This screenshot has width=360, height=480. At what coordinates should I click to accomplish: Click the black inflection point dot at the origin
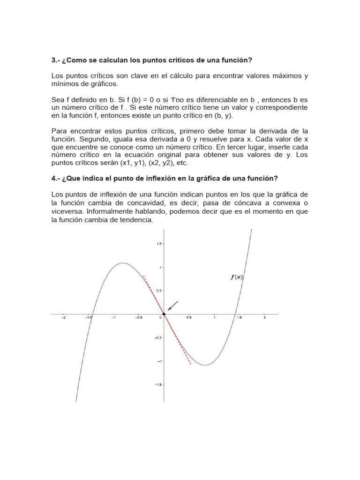pyautogui.click(x=164, y=314)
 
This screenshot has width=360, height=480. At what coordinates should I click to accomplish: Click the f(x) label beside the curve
pyautogui.click(x=236, y=277)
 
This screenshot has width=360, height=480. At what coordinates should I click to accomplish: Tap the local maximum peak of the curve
pyautogui.click(x=123, y=263)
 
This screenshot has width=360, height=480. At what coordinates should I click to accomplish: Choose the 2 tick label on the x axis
pyautogui.click(x=264, y=318)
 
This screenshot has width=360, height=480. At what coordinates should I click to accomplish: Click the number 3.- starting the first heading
pyautogui.click(x=56, y=60)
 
